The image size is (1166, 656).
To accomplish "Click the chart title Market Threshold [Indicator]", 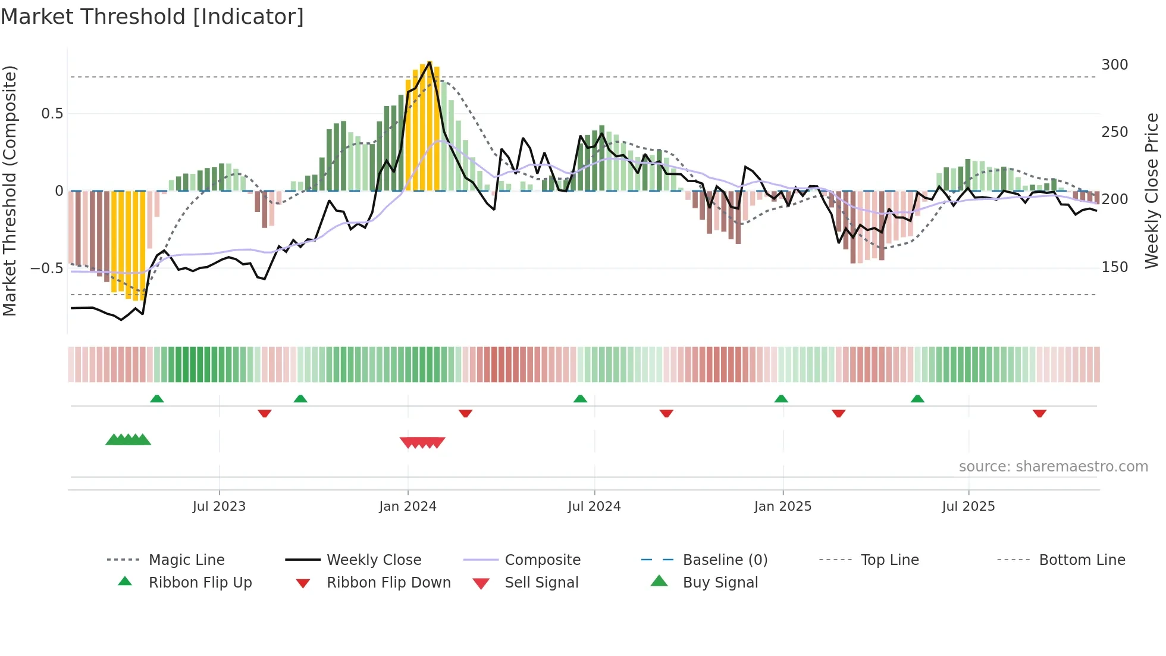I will point(152,17).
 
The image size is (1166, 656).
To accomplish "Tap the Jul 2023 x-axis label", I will point(219,507).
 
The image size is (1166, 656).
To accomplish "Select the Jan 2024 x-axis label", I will point(408,507).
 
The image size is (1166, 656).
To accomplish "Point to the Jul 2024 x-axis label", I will point(594,507).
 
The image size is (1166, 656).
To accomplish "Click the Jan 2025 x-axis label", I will point(782,507).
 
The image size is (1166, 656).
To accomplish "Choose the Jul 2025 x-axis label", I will point(968,507).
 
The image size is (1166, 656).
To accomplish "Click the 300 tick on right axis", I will point(1114,65).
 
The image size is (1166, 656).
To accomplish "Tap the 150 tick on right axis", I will point(1114,267).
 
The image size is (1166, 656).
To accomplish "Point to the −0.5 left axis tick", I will point(46,268).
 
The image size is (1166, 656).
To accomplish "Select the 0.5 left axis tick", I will point(52,114).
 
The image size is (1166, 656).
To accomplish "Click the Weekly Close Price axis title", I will point(1152,190).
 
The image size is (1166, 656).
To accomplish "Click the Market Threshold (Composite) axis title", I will point(10,190).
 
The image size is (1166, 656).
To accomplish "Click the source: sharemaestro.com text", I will point(1053,467).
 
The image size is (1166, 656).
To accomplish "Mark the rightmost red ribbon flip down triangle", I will point(1039,413).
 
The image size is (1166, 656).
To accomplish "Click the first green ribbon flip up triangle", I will point(157,399).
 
